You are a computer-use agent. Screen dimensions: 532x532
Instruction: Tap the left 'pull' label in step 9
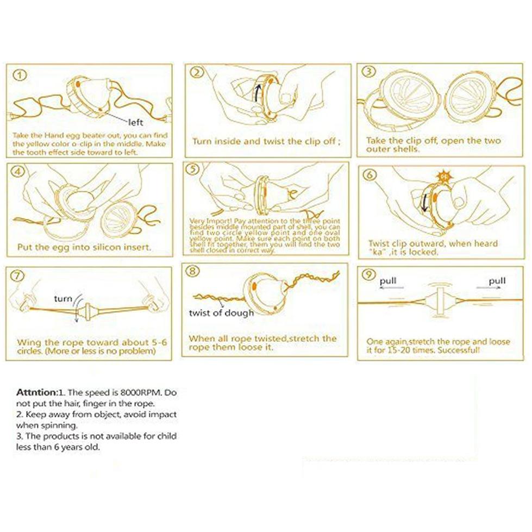click(x=388, y=281)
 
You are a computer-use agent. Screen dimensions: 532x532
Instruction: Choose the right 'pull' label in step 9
click(x=497, y=281)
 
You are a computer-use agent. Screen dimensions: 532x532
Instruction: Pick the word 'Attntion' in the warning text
click(x=36, y=392)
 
